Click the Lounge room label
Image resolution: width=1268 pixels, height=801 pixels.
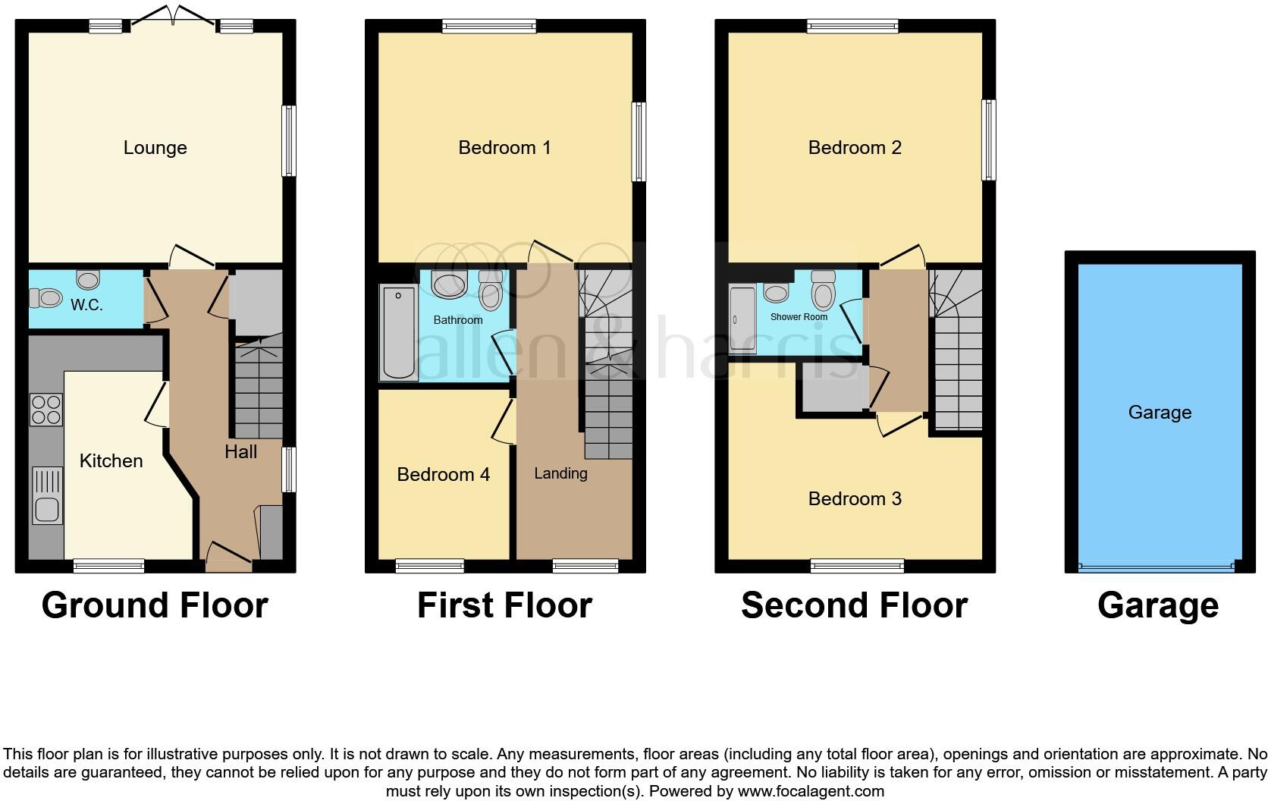click(x=155, y=147)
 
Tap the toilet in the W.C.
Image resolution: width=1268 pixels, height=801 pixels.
click(x=46, y=298)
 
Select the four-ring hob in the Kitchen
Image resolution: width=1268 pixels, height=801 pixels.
click(x=46, y=410)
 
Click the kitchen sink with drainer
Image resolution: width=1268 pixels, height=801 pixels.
click(x=47, y=495)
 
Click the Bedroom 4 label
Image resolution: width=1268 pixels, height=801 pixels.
click(x=443, y=475)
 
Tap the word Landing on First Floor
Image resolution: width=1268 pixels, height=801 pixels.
click(x=560, y=473)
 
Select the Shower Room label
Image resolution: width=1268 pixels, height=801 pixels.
click(x=799, y=317)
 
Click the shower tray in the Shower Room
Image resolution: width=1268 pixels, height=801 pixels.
click(x=742, y=319)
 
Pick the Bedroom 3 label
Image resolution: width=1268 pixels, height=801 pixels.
click(x=855, y=498)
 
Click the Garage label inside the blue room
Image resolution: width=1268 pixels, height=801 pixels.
click(x=1160, y=412)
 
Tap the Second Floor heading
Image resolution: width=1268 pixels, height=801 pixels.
click(x=854, y=605)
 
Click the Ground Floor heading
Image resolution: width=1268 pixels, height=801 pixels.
click(x=155, y=605)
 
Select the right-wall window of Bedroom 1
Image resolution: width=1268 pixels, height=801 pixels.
click(x=639, y=142)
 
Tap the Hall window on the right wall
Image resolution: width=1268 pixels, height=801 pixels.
click(x=289, y=470)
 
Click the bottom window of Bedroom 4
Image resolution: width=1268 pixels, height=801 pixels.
click(x=430, y=566)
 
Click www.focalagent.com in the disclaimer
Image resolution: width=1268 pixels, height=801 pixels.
click(x=811, y=791)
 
